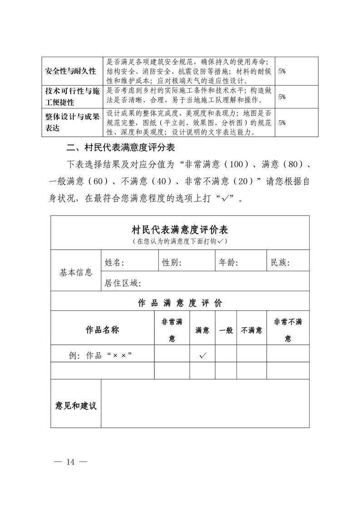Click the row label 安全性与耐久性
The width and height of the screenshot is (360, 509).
[70, 72]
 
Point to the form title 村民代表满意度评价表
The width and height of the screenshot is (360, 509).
[180, 230]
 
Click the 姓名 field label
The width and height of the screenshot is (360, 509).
[114, 262]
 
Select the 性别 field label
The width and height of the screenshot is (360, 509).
[172, 262]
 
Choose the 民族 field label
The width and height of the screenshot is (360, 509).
[281, 262]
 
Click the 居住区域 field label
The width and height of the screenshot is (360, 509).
[123, 284]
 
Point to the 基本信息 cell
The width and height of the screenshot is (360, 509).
[76, 273]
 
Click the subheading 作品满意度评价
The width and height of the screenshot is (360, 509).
[180, 303]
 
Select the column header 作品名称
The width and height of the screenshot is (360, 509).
[102, 330]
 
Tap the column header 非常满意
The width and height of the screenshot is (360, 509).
[172, 330]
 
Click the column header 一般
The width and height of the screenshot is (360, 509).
[226, 330]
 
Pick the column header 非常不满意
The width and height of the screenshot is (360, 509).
[288, 330]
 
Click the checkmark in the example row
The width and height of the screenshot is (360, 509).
[202, 355]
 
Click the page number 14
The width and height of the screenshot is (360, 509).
[70, 462]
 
